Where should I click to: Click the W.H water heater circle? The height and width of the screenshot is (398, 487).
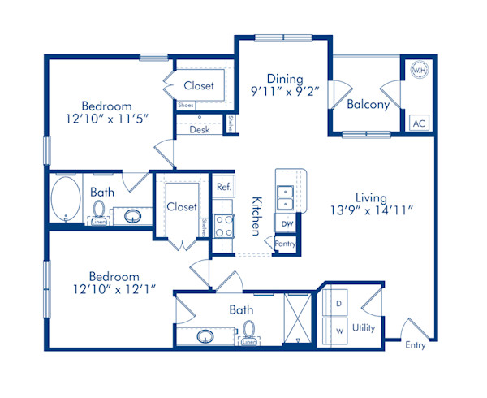420,71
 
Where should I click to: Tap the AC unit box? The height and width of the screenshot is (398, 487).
419,123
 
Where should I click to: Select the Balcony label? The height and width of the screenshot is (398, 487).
368,105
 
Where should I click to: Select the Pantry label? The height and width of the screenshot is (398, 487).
286,243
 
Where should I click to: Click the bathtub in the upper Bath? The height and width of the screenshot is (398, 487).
67,200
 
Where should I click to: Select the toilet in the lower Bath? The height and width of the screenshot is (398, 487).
249,332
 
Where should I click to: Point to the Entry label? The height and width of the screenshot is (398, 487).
415,345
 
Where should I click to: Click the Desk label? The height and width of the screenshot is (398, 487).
200,129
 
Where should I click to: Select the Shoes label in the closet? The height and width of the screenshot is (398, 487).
185,105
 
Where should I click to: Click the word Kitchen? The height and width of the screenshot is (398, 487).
256,215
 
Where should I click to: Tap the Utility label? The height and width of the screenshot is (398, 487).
364,328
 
